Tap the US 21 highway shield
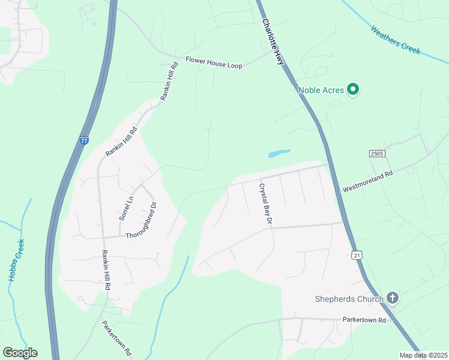[357, 256]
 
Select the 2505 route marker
[376, 154]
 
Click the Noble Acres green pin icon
[354, 90]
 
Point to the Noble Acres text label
[321, 91]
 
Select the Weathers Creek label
[395, 40]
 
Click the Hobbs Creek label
[16, 260]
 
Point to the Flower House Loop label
[214, 62]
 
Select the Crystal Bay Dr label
[266, 204]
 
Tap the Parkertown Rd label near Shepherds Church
[364, 320]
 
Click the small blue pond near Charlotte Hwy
[279, 153]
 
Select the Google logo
[20, 353]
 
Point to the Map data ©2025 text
[424, 355]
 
